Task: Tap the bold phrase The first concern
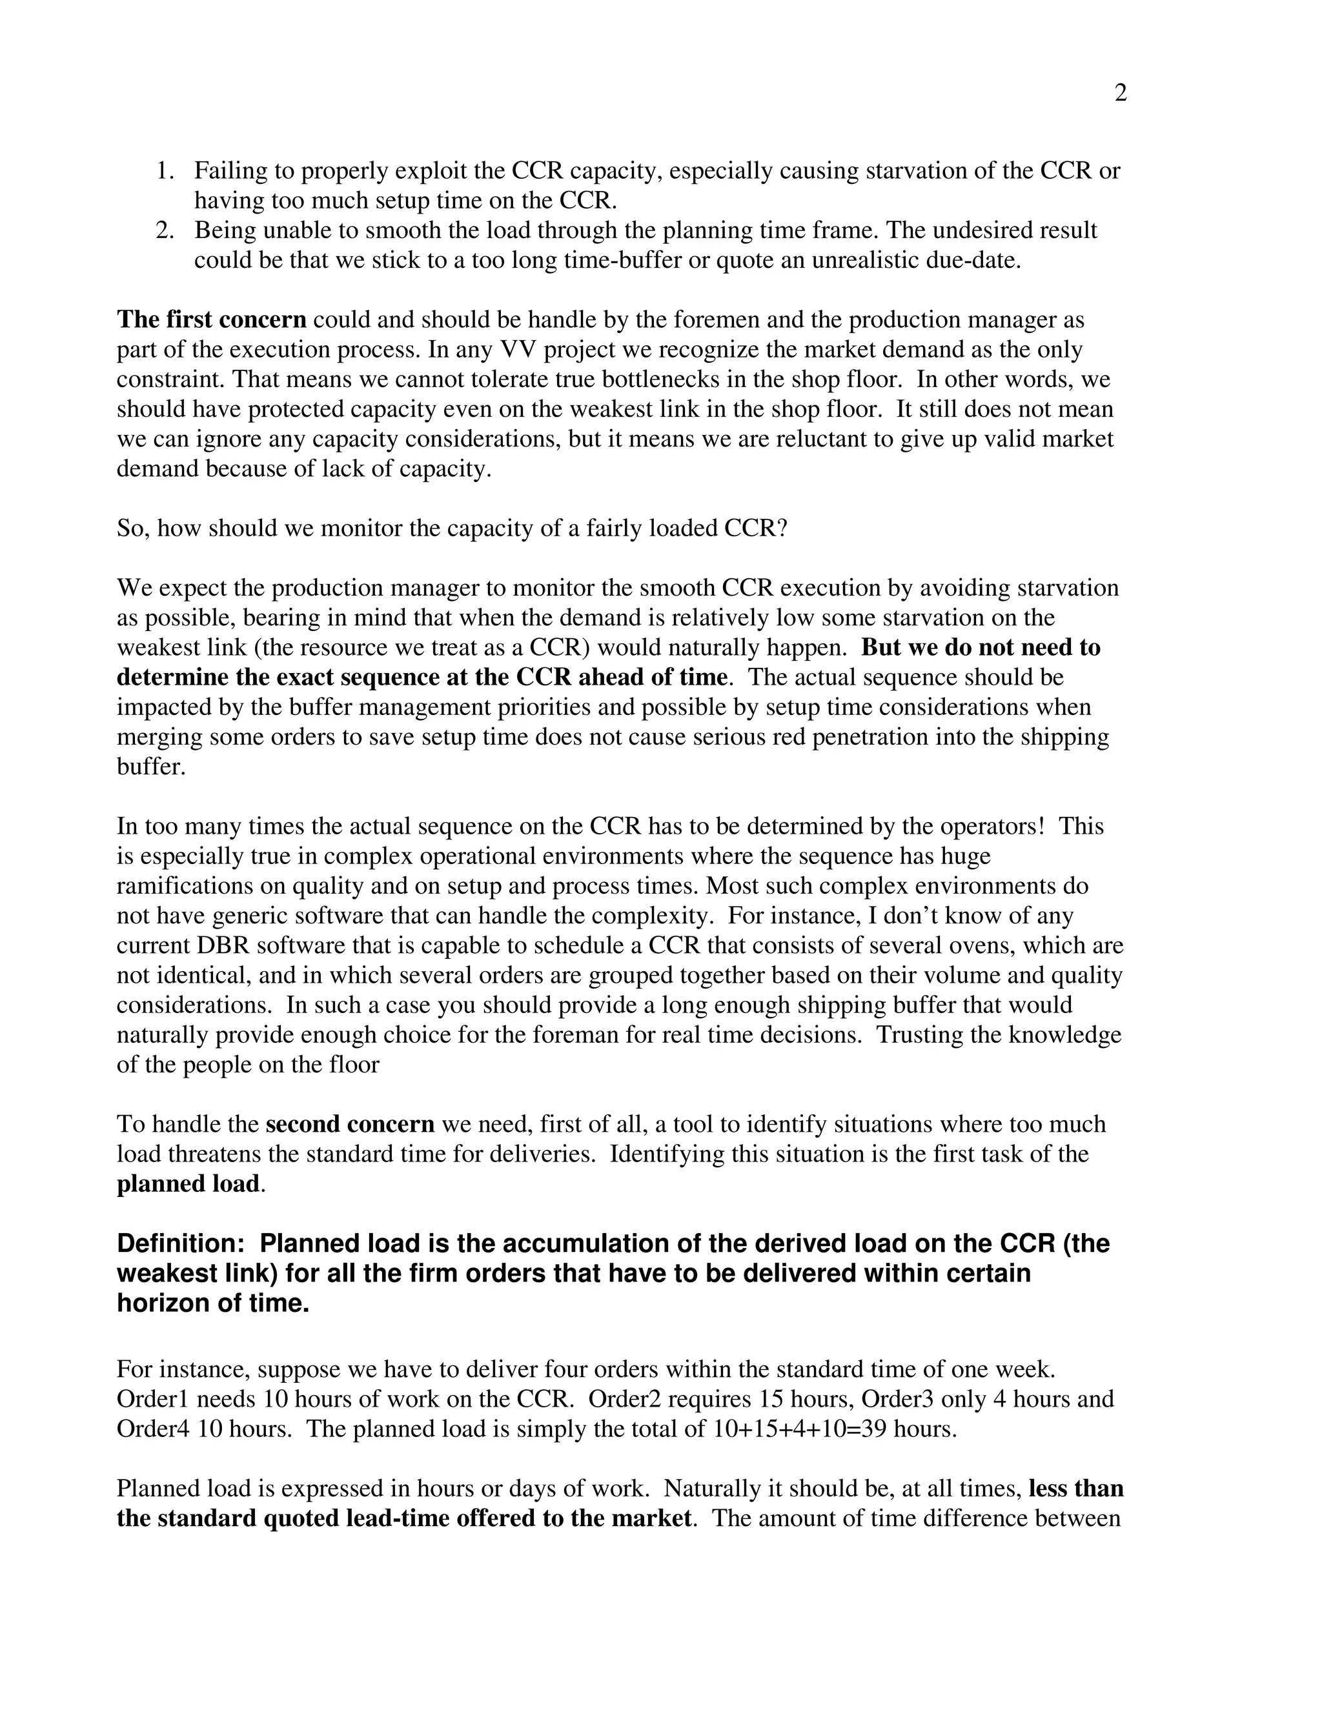point(212,319)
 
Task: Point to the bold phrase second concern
point(350,1124)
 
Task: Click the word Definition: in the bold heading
point(181,1243)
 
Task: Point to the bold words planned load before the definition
point(188,1184)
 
